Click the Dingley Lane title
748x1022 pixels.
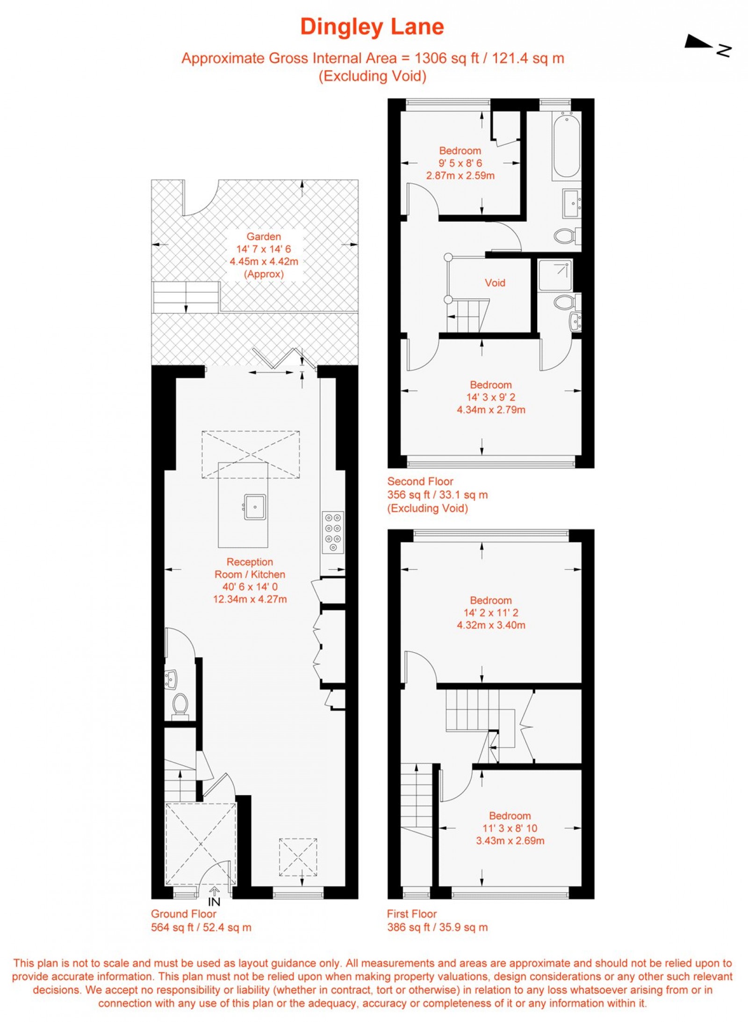tap(372, 27)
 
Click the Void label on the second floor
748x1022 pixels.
tap(495, 283)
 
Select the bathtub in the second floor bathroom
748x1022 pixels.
tap(566, 145)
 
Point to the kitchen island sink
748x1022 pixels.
tap(255, 507)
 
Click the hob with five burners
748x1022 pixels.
tap(333, 533)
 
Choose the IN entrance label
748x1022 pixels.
tap(214, 901)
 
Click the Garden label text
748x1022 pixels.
tap(264, 237)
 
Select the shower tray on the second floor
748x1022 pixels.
tap(555, 275)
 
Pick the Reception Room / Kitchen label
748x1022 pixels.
tap(250, 568)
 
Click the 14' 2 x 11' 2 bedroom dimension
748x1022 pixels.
tap(491, 612)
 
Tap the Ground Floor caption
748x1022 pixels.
tap(183, 914)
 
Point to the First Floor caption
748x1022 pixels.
tap(411, 914)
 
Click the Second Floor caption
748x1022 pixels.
tap(420, 481)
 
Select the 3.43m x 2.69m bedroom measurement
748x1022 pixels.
tap(510, 841)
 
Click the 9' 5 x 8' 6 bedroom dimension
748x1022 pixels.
tap(460, 163)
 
